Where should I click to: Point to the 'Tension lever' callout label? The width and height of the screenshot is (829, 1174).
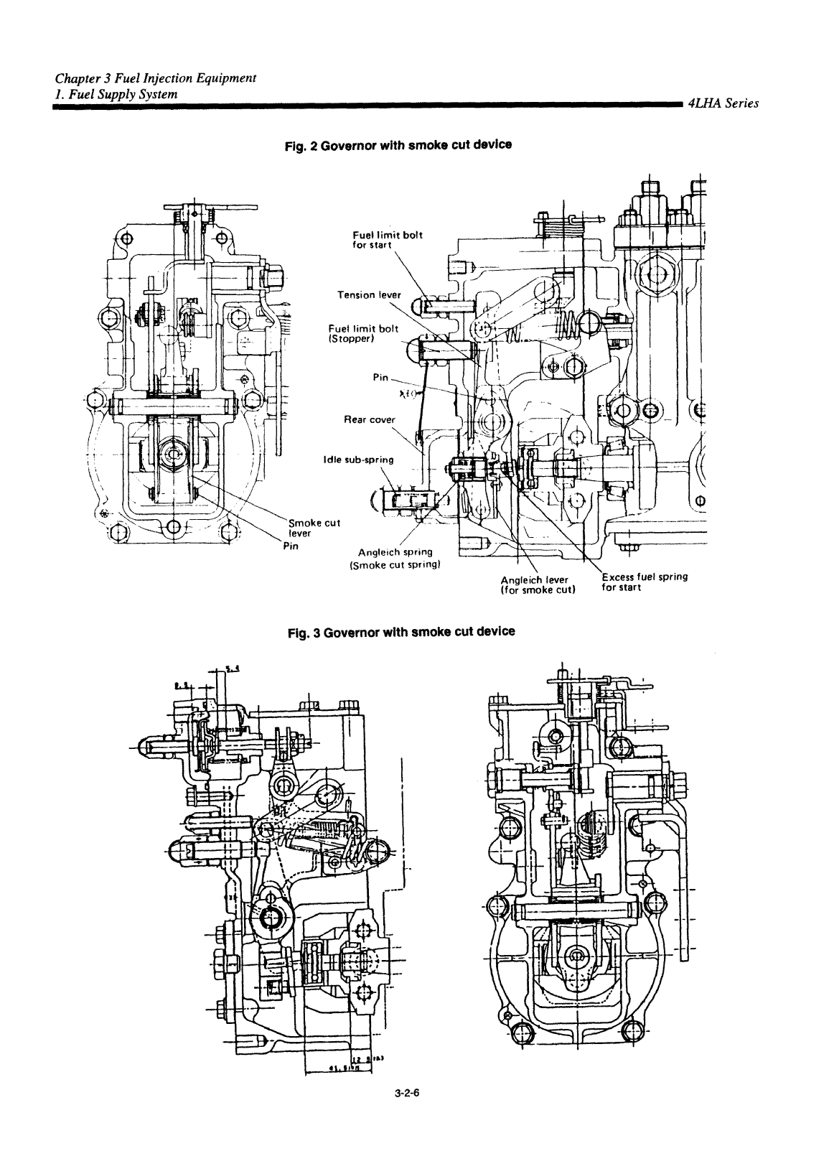pos(370,294)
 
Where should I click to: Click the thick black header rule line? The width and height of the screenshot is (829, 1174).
pos(366,105)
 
